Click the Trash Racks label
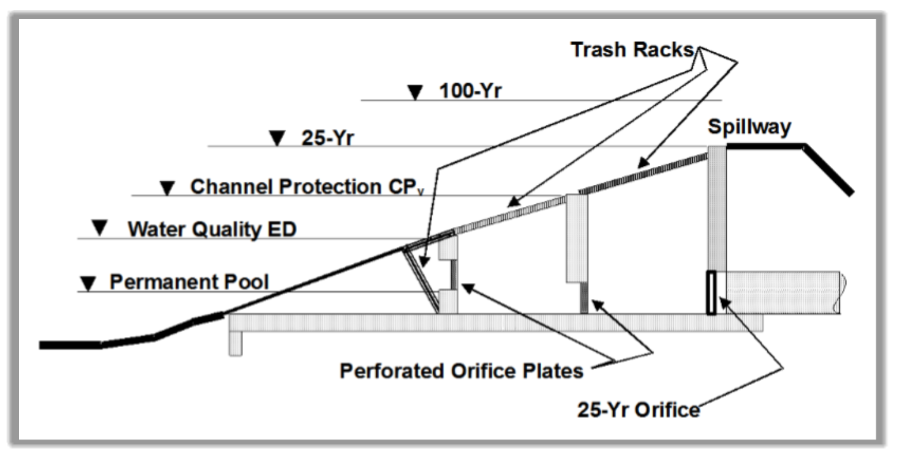point(633,50)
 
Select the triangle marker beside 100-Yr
point(414,93)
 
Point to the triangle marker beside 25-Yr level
point(277,138)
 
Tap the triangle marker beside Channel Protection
point(167,188)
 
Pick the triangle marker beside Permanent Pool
point(88,283)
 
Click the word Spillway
point(749,127)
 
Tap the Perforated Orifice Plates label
point(461,371)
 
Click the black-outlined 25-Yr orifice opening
point(711,292)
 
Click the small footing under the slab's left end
point(236,343)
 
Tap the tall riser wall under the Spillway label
point(716,208)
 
